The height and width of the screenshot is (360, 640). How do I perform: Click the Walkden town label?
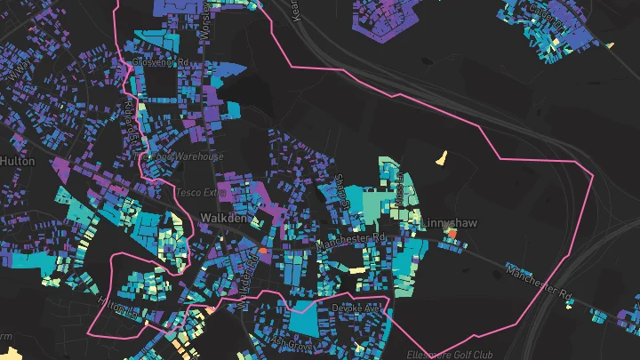(223, 217)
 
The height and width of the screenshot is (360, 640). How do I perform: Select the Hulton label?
(17, 161)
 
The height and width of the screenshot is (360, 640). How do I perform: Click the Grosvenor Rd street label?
(161, 63)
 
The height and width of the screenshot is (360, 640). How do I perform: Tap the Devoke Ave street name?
(356, 308)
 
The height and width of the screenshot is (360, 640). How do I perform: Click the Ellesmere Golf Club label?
(454, 355)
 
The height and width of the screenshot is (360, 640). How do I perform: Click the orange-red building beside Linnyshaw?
(451, 233)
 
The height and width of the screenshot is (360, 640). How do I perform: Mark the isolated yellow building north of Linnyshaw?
(443, 159)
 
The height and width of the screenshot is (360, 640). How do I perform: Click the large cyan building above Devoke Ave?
(302, 318)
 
